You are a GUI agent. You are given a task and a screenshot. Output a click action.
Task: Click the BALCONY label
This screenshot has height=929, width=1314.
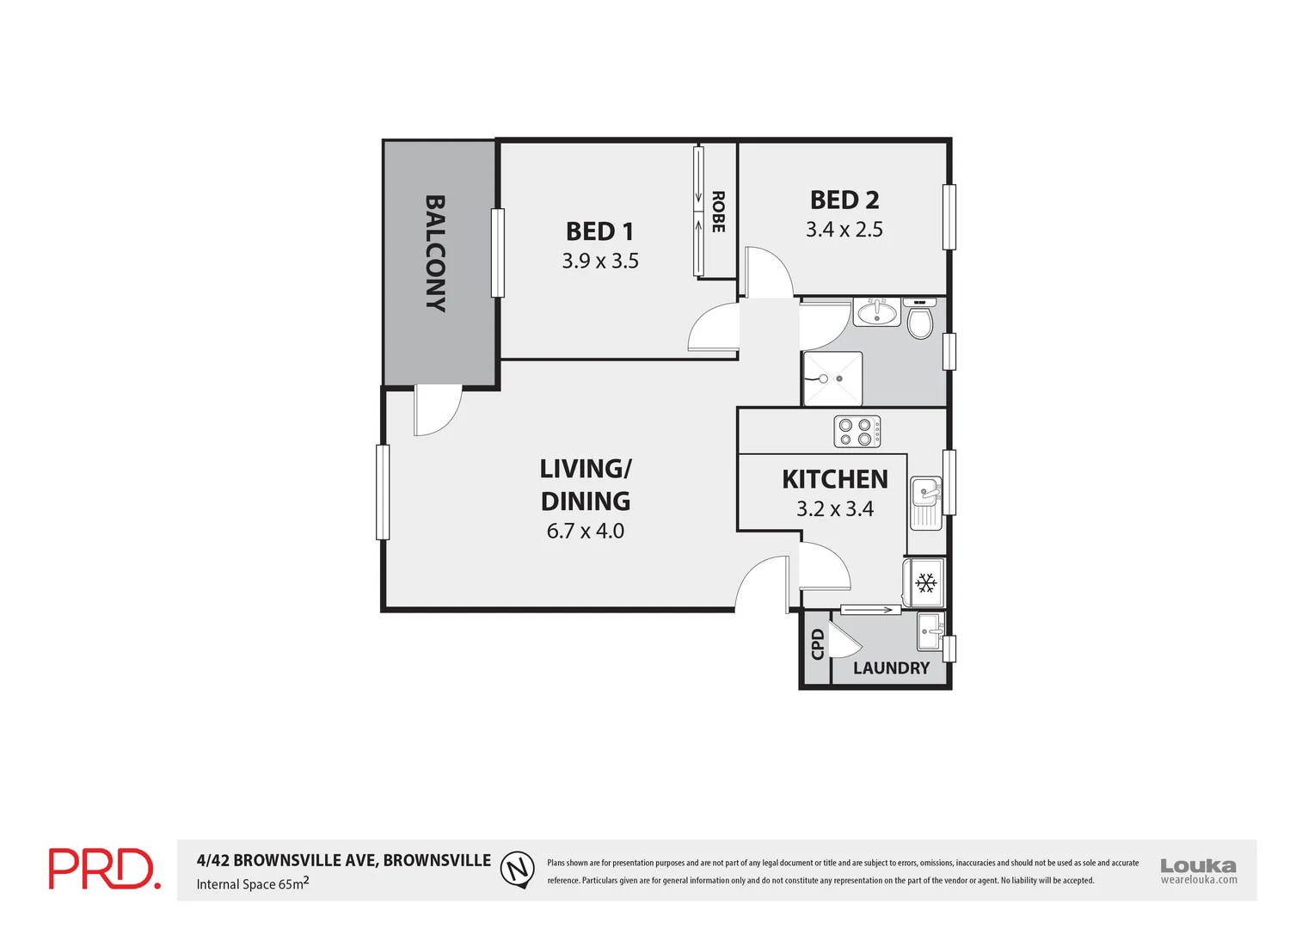point(435,253)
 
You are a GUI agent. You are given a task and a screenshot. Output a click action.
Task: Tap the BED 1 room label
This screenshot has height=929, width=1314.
point(599,231)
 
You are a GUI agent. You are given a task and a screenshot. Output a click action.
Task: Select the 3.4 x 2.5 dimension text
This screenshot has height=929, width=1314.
point(844,230)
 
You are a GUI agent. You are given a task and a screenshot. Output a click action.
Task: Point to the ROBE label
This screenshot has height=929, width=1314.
point(718,212)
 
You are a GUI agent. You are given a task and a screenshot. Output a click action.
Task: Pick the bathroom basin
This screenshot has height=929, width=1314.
point(876,311)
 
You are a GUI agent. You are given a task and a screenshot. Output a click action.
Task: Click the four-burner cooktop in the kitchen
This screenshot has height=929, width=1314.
point(857,432)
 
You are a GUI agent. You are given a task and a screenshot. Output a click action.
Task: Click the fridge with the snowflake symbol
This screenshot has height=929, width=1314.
point(924,584)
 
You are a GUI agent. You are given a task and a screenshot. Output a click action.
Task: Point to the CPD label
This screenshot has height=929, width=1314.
point(817,643)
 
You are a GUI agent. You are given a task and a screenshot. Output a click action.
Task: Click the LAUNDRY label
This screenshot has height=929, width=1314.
point(891,668)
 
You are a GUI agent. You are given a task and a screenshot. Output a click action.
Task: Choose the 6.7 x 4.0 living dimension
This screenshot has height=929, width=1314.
point(586,532)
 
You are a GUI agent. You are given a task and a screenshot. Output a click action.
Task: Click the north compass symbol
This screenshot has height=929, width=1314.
point(517,869)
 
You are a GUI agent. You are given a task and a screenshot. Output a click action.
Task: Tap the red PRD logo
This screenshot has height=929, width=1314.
point(104,869)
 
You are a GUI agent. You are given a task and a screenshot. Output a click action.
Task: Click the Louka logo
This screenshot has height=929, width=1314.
point(1198,870)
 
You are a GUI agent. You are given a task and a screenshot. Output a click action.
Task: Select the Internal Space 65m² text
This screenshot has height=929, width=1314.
point(252,883)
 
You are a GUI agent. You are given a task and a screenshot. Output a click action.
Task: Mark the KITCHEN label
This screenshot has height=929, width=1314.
point(834,479)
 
